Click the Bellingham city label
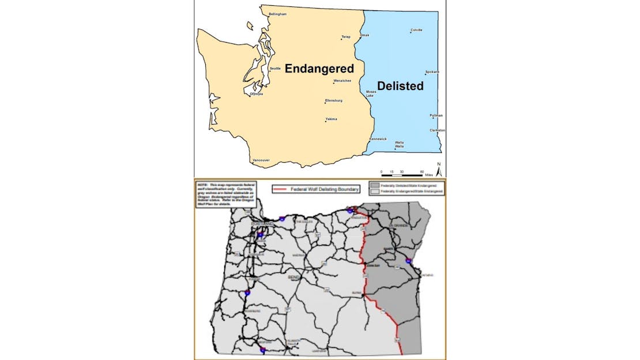coord(277,14)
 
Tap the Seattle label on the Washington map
coord(275,69)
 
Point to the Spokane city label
coord(432,72)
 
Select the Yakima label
coord(331,119)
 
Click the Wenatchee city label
coord(342,81)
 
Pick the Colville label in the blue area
coord(416,29)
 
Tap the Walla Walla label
coord(399,144)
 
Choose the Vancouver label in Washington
coord(261,160)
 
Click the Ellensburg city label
coord(334,100)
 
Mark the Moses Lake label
coord(371,93)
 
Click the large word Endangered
coord(319,69)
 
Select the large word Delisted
coord(404,87)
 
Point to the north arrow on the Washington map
coord(438,168)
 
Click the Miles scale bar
coord(404,174)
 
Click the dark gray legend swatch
coord(372,186)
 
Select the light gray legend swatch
coord(372,191)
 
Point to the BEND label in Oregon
coord(294,277)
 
